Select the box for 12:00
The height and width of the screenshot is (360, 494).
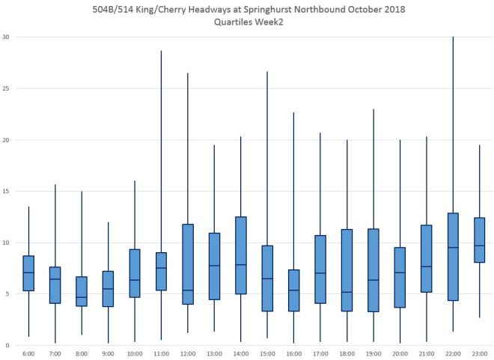188,264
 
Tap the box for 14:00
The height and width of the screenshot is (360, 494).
241,255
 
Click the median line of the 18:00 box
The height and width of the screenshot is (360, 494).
347,292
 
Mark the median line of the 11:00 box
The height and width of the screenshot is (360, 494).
162,268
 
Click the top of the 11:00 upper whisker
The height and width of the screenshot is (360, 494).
162,51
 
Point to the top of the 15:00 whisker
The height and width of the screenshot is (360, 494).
268,72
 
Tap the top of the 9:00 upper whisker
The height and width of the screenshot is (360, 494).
109,222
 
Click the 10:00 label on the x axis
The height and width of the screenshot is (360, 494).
135,353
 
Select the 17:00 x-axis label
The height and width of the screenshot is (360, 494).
320,353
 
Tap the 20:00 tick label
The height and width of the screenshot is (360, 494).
400,353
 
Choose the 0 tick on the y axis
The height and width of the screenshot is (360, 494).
7,345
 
